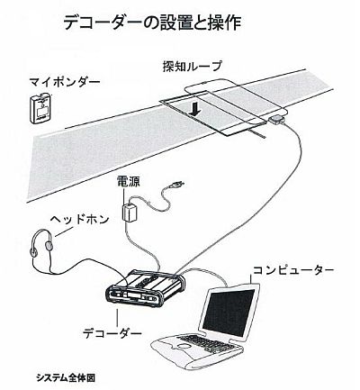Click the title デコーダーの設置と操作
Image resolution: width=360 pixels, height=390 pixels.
coord(152,23)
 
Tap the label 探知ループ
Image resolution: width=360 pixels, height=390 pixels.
coord(193,66)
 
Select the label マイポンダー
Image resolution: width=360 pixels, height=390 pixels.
coord(65,82)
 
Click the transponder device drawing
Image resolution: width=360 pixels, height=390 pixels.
coord(41,108)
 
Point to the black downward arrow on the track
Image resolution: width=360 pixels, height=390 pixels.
coord(195,109)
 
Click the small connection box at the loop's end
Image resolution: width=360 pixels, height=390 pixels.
coord(277,120)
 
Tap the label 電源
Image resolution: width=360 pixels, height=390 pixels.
coord(128,182)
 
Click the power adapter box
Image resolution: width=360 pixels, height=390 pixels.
coord(130,213)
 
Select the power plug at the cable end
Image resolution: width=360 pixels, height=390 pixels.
coord(176,185)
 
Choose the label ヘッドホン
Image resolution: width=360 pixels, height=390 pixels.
coord(79,220)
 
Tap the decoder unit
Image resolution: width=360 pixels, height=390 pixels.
coord(145,289)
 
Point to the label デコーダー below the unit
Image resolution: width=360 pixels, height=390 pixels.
coord(112,333)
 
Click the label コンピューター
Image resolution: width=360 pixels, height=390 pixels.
coord(293,270)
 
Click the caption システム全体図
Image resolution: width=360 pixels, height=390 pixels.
coord(66,377)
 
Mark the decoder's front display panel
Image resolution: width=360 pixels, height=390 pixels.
coord(131,297)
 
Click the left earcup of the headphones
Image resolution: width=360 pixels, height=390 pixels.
coord(33,251)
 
